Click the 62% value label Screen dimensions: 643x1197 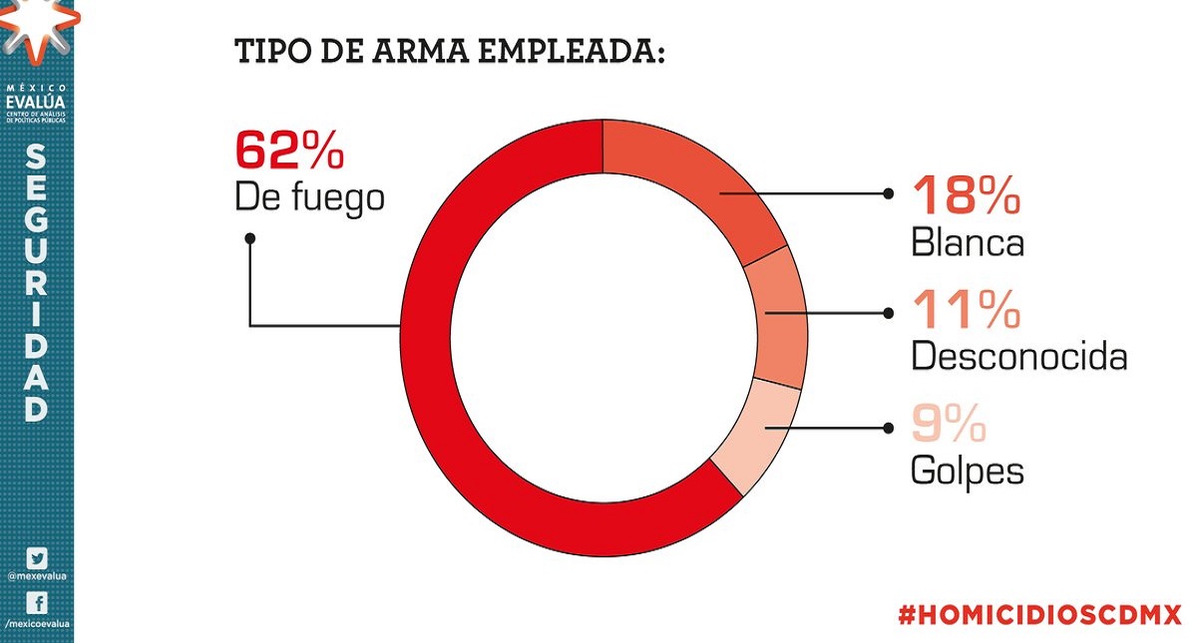tap(289, 151)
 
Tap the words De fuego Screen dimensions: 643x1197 tap(309, 197)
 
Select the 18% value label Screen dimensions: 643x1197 tap(966, 196)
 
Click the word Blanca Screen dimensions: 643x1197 tap(967, 242)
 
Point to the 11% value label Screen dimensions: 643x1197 tap(966, 311)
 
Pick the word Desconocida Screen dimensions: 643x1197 tap(1018, 356)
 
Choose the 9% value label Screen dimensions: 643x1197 tap(948, 426)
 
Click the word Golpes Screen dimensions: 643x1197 tap(967, 472)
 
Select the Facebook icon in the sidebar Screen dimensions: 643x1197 tap(36, 603)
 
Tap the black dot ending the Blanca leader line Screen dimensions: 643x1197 tap(888, 194)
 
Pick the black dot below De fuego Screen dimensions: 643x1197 tap(249, 238)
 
